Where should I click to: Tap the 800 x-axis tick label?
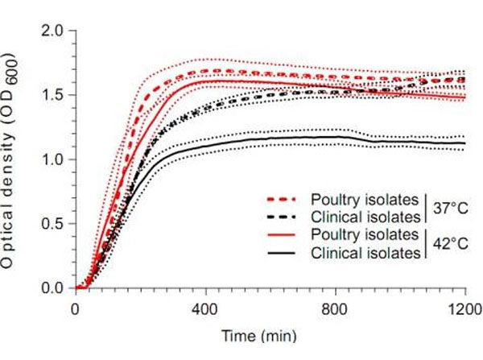point(336,308)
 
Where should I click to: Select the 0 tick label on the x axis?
point(76,308)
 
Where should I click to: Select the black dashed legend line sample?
point(282,215)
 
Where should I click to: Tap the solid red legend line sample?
point(282,234)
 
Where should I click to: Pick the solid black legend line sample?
point(282,252)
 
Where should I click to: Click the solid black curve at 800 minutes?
point(336,137)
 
